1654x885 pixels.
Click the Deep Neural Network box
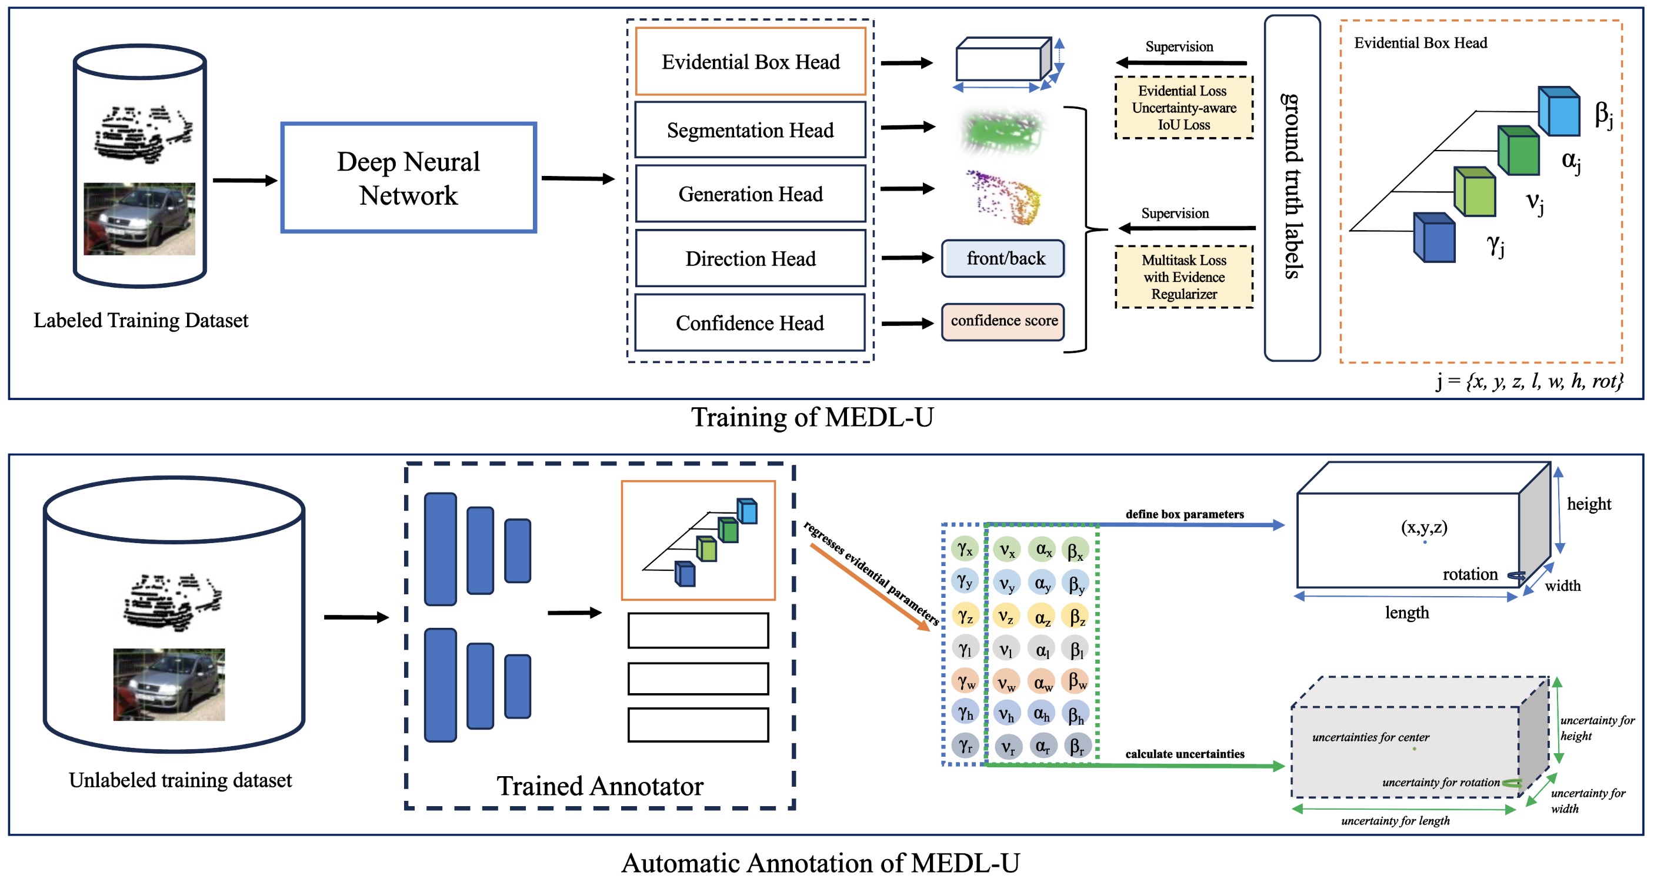click(x=408, y=178)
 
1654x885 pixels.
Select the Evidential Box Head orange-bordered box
click(x=750, y=62)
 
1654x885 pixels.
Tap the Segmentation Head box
click(x=750, y=129)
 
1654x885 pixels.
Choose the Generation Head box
click(x=750, y=194)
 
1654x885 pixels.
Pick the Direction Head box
click(x=750, y=258)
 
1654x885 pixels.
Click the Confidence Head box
click(x=750, y=322)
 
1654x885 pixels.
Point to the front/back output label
click(x=1005, y=258)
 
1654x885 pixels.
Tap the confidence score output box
click(x=1003, y=321)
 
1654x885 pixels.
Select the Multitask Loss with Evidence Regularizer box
click(x=1183, y=277)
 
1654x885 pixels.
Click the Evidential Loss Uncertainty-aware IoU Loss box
click(x=1183, y=107)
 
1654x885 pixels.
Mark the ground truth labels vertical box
click(x=1292, y=188)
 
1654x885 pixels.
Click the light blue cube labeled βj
click(x=1559, y=112)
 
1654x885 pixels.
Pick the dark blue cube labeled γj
click(x=1434, y=238)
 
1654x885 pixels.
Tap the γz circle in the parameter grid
click(x=965, y=616)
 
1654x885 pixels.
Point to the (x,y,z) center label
click(x=1423, y=527)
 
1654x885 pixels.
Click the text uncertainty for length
click(x=1395, y=821)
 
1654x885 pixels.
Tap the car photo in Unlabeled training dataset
click(x=169, y=684)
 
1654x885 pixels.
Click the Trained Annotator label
click(x=600, y=786)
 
